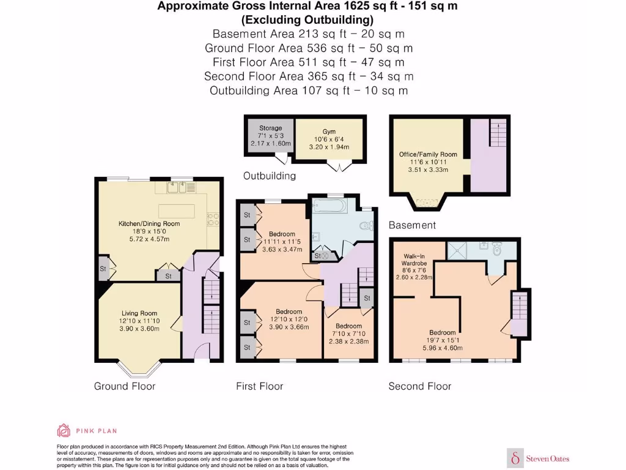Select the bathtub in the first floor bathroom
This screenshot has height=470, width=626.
(330, 206)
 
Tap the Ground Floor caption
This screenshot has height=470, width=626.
(125, 386)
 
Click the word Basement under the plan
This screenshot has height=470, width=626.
(413, 225)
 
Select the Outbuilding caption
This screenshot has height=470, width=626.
(270, 176)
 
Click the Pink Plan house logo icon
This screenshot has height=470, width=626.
(64, 430)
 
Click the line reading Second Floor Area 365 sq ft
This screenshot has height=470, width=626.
(309, 76)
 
